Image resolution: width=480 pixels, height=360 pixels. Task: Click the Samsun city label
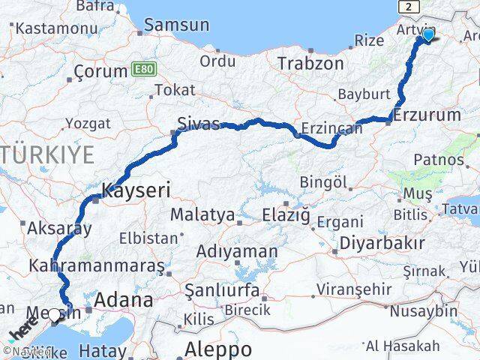tap(176, 25)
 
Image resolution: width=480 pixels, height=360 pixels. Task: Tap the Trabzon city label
tap(310, 64)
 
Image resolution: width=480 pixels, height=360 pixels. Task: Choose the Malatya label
tap(202, 214)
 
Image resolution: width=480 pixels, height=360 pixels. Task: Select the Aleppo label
tap(218, 349)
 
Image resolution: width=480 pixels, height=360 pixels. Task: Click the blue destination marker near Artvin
tap(428, 34)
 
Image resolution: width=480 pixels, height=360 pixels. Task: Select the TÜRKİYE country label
tap(46, 155)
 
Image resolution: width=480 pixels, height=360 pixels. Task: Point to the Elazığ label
tap(286, 215)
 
